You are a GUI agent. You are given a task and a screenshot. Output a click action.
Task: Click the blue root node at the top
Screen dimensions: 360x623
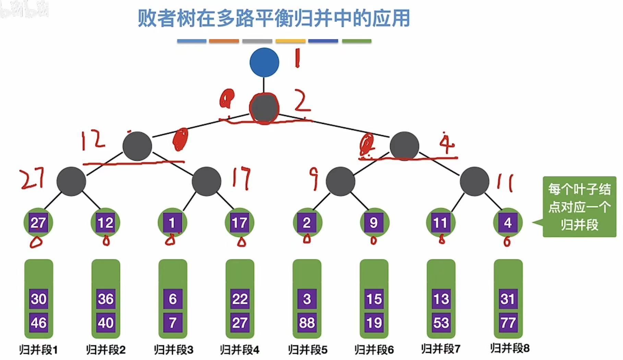click(264, 62)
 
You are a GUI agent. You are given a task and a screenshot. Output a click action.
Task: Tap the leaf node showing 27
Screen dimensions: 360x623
click(38, 223)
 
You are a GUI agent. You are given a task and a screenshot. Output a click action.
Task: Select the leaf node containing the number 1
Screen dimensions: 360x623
click(172, 223)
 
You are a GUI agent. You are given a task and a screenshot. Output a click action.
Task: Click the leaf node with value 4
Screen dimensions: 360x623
click(508, 223)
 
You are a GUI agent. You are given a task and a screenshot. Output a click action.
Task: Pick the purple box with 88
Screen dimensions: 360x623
click(307, 323)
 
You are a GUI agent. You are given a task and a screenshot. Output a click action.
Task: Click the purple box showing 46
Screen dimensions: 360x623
click(38, 323)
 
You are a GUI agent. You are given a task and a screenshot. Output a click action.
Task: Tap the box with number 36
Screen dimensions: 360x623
click(106, 299)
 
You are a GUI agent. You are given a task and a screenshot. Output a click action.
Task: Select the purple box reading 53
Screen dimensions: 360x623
click(441, 323)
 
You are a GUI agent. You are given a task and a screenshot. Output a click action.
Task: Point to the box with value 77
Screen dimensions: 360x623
click(508, 323)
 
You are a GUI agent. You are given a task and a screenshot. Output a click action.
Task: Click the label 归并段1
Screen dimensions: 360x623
click(38, 350)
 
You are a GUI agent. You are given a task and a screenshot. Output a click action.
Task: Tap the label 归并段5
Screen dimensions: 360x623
click(308, 350)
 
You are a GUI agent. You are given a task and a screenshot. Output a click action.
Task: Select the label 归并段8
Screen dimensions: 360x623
click(510, 348)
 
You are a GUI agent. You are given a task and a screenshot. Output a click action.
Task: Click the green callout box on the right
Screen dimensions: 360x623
click(579, 207)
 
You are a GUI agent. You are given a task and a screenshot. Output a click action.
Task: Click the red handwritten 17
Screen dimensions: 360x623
click(241, 178)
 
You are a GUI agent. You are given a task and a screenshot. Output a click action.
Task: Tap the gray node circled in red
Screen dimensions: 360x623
click(264, 108)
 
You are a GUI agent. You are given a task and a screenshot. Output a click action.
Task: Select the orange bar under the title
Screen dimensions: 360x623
click(224, 41)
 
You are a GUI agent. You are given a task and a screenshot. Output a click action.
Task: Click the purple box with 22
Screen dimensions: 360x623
click(240, 299)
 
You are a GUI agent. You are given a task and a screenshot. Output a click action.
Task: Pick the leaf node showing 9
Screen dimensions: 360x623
click(374, 223)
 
